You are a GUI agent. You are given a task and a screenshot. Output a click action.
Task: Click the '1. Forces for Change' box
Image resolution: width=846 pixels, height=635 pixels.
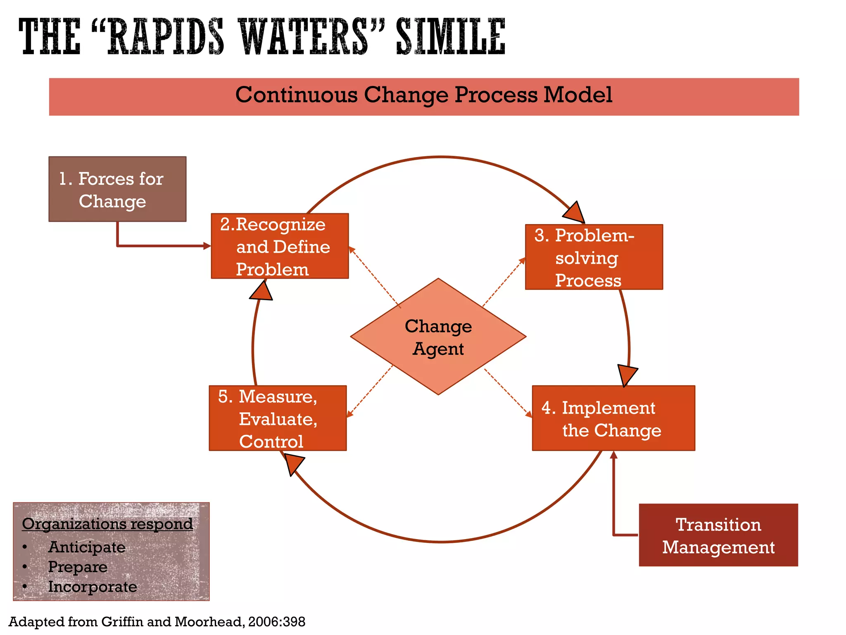[x=117, y=189]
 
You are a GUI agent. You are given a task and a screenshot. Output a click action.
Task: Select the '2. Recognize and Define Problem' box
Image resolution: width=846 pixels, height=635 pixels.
[x=280, y=246]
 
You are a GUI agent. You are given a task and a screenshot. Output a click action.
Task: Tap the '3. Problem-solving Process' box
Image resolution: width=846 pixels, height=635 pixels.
[x=594, y=257]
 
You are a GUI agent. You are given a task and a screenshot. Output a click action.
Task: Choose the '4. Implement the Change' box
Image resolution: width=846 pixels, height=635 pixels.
[x=613, y=418]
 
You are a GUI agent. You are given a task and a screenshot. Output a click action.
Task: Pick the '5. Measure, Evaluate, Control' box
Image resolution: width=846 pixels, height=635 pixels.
[x=278, y=418]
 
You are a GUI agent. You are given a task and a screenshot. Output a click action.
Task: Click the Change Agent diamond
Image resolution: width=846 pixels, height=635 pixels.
[x=438, y=337]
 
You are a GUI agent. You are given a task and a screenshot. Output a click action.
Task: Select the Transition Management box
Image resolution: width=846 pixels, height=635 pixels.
[x=718, y=535]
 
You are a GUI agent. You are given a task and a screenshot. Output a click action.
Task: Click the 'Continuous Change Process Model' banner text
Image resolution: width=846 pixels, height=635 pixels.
[x=423, y=95]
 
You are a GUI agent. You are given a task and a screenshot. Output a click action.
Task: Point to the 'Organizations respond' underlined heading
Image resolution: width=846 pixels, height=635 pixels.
[x=107, y=524]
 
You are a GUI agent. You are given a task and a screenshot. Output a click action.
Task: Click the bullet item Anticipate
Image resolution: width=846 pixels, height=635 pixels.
[x=87, y=547]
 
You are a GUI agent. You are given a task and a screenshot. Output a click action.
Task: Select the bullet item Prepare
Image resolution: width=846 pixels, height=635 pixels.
[x=78, y=567]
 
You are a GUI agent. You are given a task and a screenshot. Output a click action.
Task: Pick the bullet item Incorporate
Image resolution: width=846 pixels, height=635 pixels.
[x=93, y=587]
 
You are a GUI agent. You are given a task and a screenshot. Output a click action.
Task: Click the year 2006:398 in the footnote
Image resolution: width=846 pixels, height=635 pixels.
[x=277, y=622]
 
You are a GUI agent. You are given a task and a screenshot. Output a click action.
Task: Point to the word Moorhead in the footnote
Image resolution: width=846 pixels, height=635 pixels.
[x=209, y=622]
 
